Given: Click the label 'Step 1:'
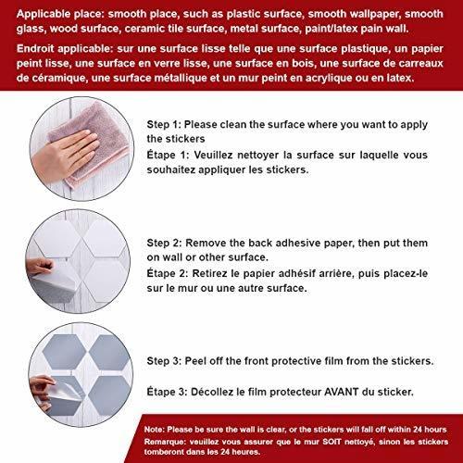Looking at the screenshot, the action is tap(164, 124).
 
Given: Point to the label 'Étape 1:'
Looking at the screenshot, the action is tap(168, 155).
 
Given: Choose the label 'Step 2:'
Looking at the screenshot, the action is tap(164, 243).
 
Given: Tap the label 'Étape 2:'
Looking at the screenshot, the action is tap(167, 273).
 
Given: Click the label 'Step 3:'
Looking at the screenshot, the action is tap(164, 361).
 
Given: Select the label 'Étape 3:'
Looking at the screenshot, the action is tap(167, 392).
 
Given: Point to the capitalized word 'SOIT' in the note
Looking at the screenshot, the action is tap(332, 442).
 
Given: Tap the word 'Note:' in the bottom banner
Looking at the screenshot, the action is tap(155, 430).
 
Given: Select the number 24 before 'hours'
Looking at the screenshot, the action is tap(418, 430).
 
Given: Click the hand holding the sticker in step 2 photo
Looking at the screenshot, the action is tap(40, 267).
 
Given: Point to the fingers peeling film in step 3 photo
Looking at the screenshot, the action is tap(43, 391).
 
